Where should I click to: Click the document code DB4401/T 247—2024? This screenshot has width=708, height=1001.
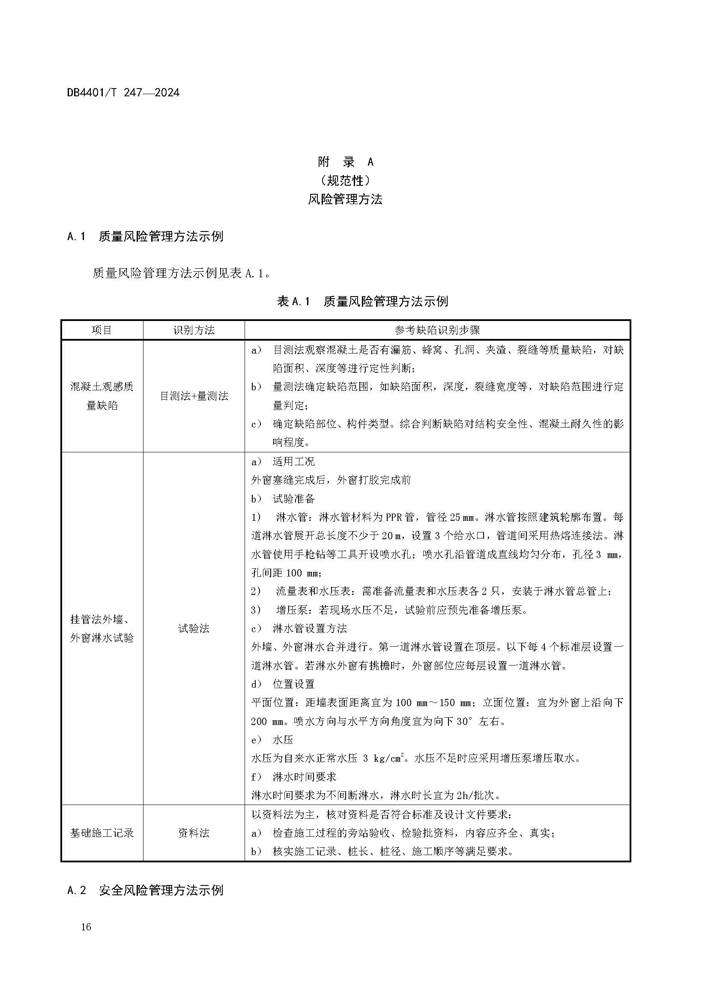(x=123, y=92)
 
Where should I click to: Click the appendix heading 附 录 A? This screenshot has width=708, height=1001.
(x=346, y=162)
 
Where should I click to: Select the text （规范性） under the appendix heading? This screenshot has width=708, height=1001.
(x=346, y=180)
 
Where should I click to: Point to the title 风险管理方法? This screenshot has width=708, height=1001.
(x=346, y=199)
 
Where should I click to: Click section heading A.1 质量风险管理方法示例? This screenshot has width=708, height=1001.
(x=145, y=236)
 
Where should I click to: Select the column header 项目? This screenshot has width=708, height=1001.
(x=102, y=330)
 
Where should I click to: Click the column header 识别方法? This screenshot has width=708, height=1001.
(x=194, y=330)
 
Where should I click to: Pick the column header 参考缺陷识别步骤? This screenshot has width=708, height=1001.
(x=437, y=330)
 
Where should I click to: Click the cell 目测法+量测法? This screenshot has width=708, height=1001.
(x=194, y=396)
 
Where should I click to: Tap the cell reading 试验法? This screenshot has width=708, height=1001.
(x=194, y=628)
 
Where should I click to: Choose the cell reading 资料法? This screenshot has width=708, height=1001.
(x=194, y=833)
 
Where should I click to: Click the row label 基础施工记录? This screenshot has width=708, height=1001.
(x=102, y=833)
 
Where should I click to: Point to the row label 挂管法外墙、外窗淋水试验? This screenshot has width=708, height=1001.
(x=102, y=628)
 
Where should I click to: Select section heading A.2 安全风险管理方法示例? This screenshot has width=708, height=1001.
(x=145, y=890)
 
